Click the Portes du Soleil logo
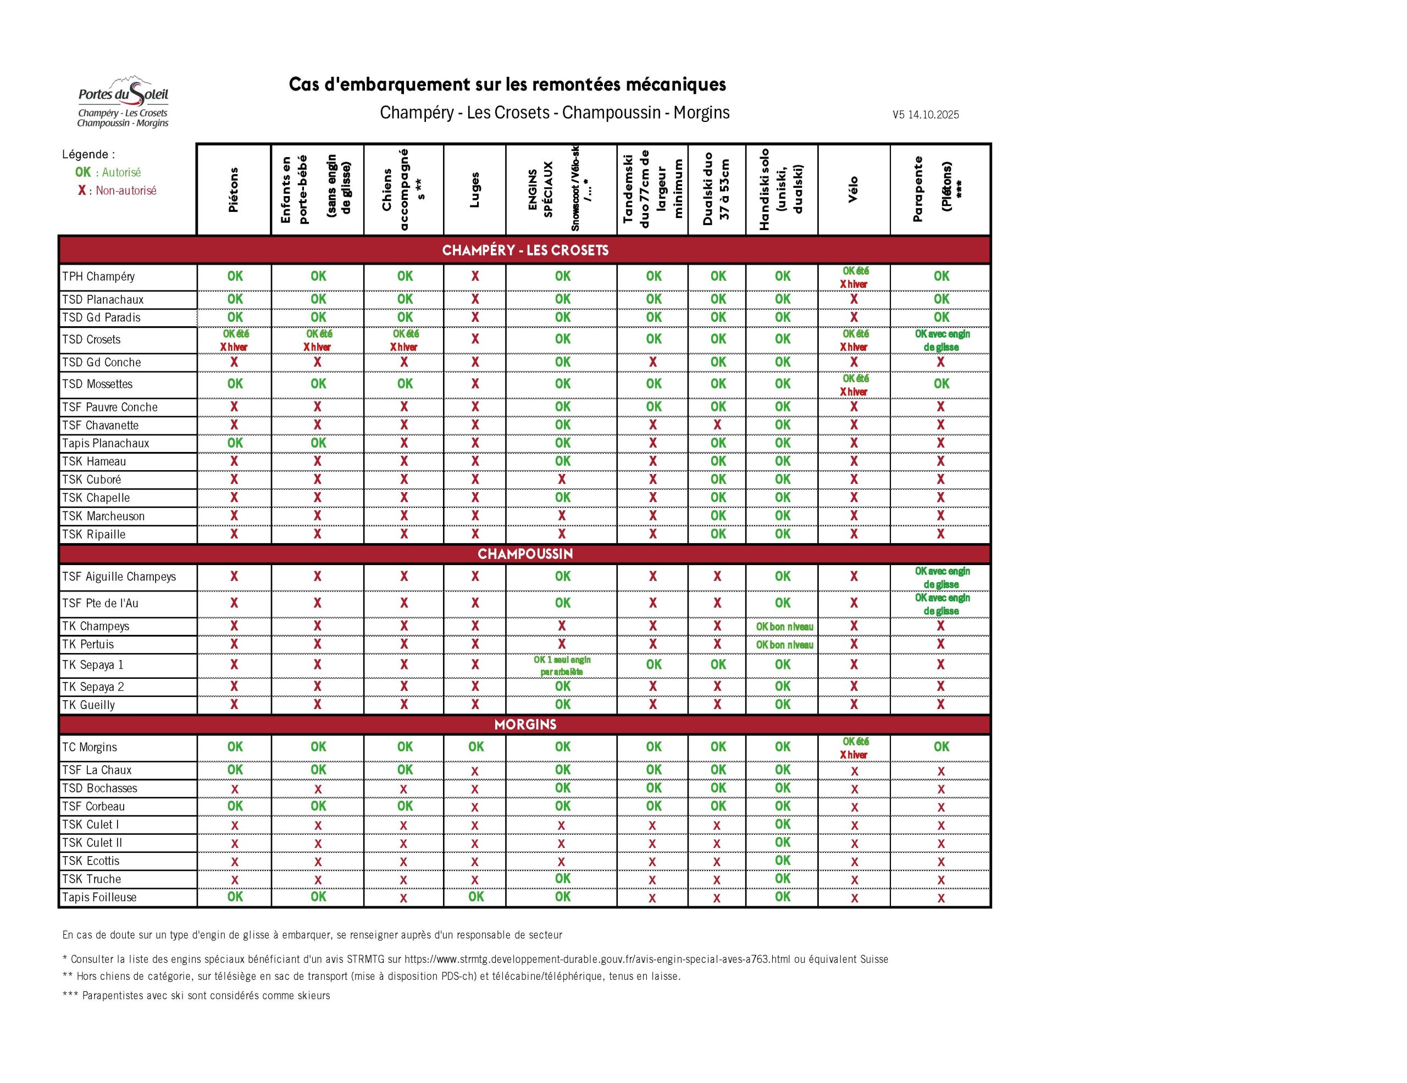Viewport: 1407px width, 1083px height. [123, 102]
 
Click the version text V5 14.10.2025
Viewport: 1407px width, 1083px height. [925, 115]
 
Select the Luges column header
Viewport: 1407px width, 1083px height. [475, 189]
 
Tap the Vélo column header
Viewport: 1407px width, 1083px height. [853, 189]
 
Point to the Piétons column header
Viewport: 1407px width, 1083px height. [233, 189]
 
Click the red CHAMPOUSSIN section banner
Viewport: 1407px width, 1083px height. [525, 554]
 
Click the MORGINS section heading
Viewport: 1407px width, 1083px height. [525, 724]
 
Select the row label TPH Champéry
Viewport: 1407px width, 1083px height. [98, 277]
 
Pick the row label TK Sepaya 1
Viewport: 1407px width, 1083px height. [93, 665]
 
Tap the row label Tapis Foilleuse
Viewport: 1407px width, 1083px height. [99, 897]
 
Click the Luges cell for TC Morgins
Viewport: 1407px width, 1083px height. [475, 747]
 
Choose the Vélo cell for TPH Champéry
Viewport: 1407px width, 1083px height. [854, 277]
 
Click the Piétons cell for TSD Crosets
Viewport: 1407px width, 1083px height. [235, 340]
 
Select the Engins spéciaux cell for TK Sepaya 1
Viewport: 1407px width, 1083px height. [562, 665]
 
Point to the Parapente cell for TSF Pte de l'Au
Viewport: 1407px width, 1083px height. [941, 604]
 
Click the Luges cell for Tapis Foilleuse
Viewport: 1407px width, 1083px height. [475, 896]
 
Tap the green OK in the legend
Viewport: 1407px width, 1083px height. [83, 172]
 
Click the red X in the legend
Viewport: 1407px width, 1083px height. [82, 191]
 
